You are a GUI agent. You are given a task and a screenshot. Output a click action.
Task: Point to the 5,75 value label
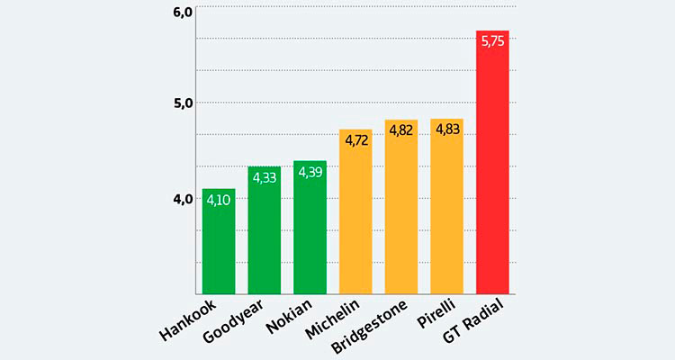492,41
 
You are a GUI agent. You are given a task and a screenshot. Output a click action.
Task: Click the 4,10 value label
219,200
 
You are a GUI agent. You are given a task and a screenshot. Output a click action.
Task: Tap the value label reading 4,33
265,177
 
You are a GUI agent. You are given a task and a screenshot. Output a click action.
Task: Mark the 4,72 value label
355,140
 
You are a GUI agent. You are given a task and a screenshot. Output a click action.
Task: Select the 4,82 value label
401,130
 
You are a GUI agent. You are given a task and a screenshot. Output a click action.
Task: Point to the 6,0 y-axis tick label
182,12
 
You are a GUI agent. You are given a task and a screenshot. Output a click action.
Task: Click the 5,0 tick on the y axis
182,103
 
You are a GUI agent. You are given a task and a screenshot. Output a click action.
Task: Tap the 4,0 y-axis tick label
182,198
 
